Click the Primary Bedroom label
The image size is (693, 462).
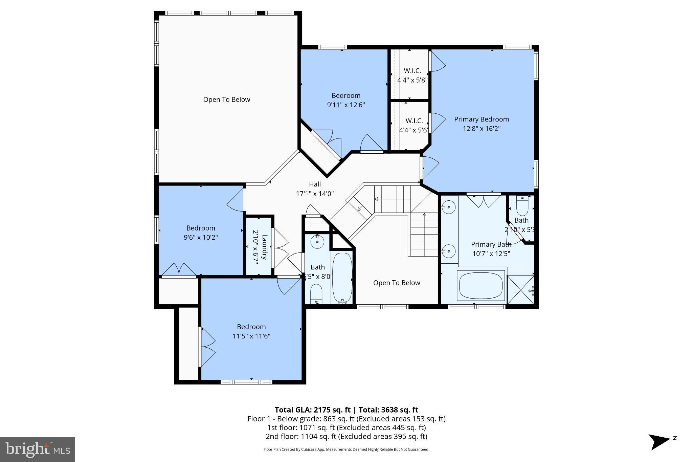pos(481,119)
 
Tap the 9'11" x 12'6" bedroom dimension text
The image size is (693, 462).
pos(345,105)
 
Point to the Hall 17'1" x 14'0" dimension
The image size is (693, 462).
pos(315,194)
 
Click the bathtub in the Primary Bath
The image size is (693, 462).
pos(481,285)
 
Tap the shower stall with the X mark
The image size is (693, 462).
pos(520,290)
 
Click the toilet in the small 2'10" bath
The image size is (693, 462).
pos(522,206)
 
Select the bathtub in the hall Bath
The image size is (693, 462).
pos(342,278)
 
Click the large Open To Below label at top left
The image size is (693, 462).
pos(226,100)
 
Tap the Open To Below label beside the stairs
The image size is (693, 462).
pos(396,283)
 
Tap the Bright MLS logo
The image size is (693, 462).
pos(37,449)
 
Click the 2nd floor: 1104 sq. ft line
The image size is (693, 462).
pos(346,436)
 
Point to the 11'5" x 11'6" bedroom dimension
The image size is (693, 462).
pos(251,336)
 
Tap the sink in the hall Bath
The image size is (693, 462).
pos(317,242)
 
